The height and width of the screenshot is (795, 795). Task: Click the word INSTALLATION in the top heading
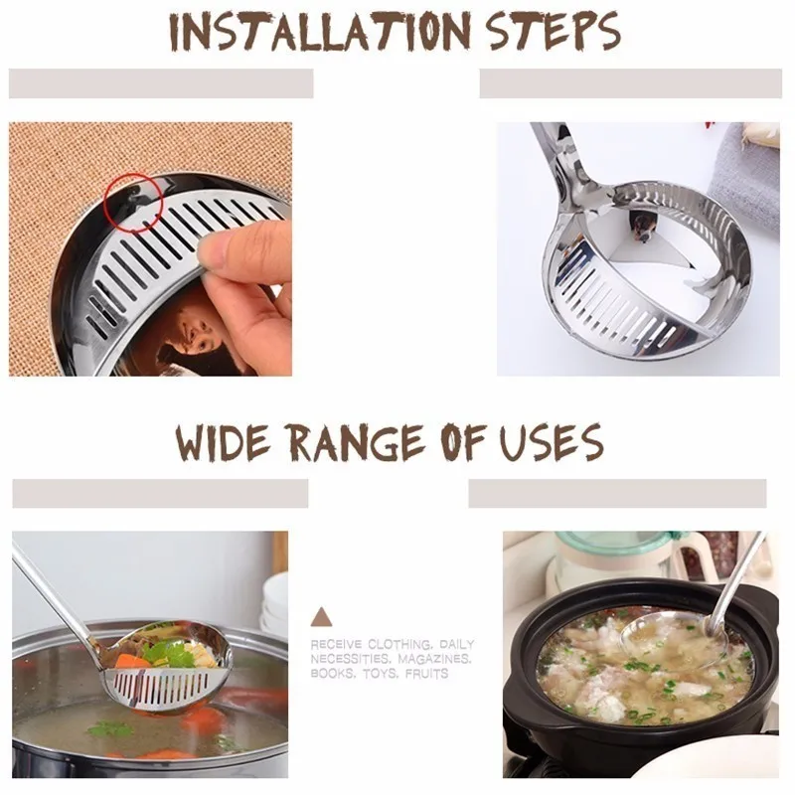tap(320, 31)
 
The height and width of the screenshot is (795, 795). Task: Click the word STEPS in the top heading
tap(554, 31)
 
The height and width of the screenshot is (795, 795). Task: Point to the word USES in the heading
tap(552, 442)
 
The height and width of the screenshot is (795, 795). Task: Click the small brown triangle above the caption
tap(321, 617)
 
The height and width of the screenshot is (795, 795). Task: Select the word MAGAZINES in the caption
tap(434, 659)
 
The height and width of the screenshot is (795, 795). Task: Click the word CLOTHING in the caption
tap(400, 645)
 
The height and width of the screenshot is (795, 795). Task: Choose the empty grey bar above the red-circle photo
tap(161, 83)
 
